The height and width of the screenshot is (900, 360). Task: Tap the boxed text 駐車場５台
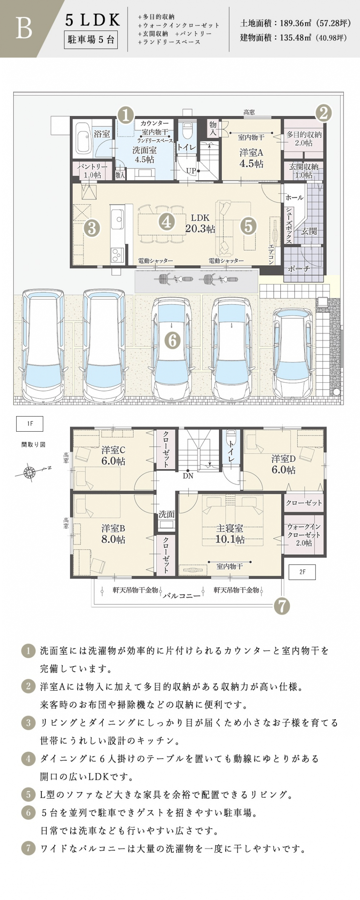(91, 40)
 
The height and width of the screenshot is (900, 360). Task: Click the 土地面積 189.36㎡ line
(295, 23)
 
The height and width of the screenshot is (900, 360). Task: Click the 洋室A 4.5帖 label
(251, 158)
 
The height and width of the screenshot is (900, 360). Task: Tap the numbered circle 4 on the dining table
(167, 222)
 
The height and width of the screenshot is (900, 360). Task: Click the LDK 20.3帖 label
(200, 223)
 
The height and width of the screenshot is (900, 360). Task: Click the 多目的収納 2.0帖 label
(304, 138)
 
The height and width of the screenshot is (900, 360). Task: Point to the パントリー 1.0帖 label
(92, 171)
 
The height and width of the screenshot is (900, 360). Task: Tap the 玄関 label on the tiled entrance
(309, 231)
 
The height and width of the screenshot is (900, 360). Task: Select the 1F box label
(29, 424)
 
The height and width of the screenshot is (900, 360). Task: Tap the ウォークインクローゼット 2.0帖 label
(304, 535)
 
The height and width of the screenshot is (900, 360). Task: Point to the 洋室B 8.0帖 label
(113, 534)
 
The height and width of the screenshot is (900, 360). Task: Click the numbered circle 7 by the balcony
(282, 606)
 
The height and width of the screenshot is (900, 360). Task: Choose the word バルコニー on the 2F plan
(182, 596)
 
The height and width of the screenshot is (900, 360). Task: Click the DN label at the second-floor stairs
(188, 476)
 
